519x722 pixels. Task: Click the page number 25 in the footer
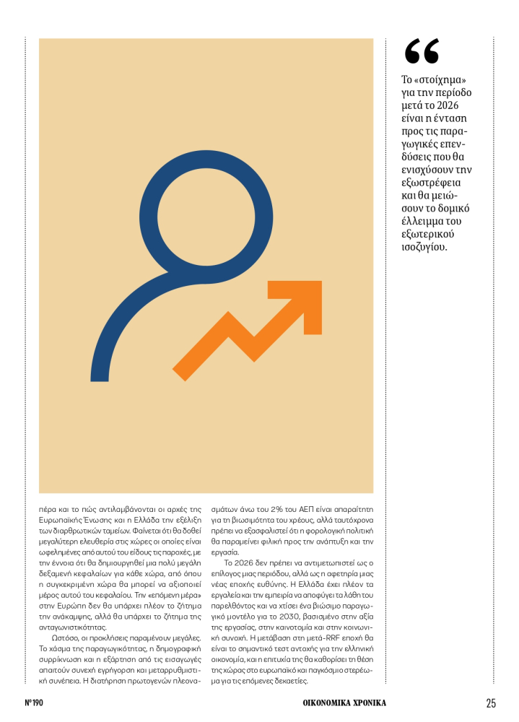pos(490,703)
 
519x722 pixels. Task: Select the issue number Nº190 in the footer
pos(35,703)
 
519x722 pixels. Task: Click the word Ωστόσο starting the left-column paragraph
pos(63,638)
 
